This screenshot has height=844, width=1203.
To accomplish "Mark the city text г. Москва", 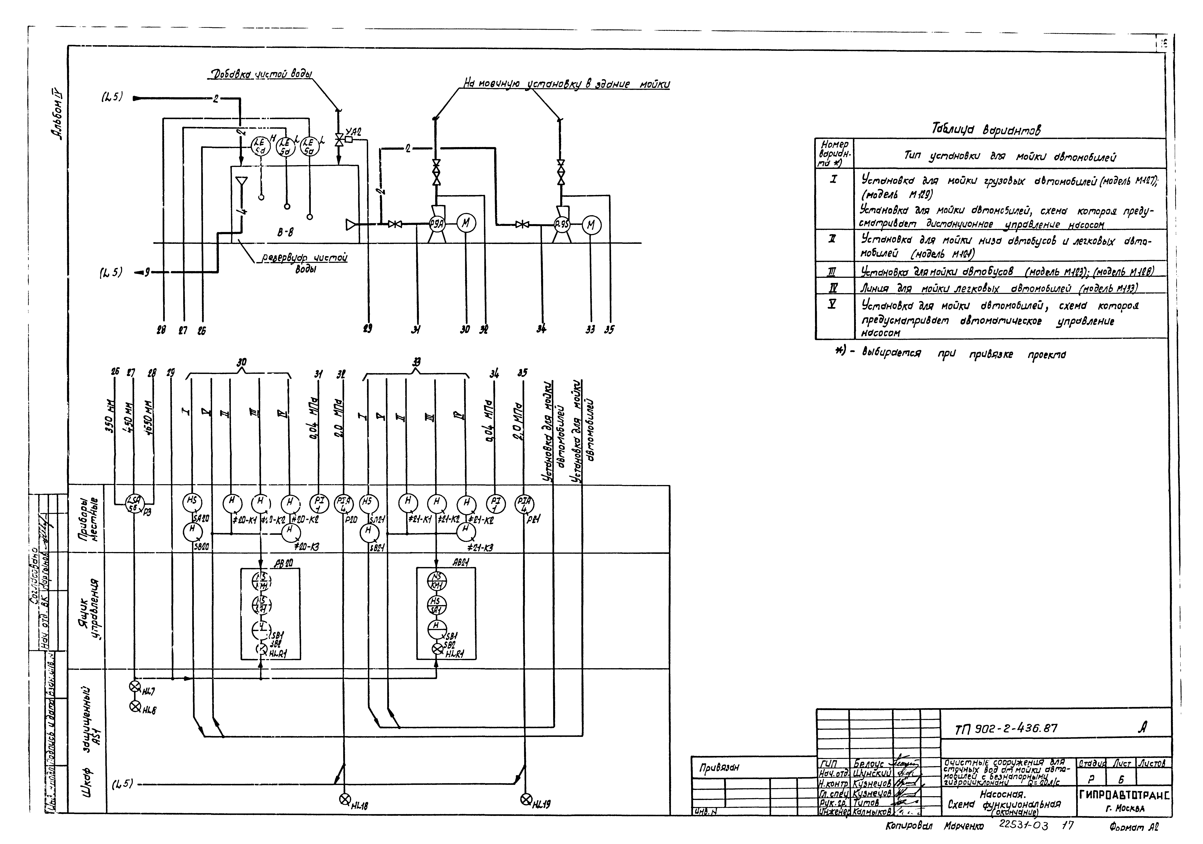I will tap(1125, 808).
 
